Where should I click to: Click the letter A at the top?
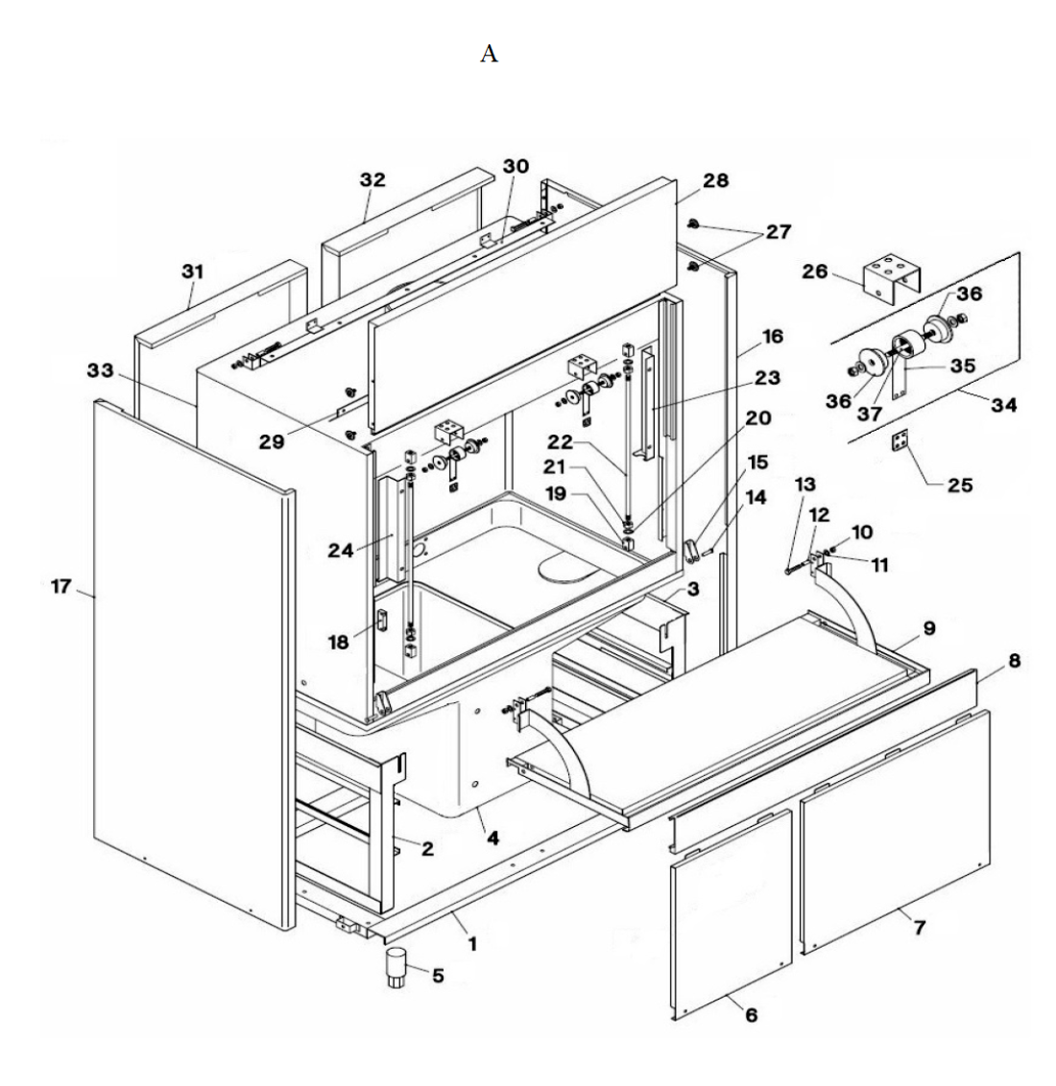tap(489, 54)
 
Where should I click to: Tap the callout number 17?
tap(61, 586)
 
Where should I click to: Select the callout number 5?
tap(438, 975)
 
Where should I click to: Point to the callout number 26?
tap(815, 271)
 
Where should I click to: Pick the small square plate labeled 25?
tap(900, 440)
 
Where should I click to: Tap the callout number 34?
tap(1004, 405)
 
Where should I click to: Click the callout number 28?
tap(716, 180)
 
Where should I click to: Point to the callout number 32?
tap(372, 179)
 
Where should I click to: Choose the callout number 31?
tap(193, 271)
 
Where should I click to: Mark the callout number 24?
tap(341, 551)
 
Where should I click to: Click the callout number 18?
tap(338, 642)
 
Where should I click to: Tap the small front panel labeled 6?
tap(731, 913)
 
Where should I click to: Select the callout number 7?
tap(920, 927)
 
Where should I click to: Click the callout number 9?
tap(929, 628)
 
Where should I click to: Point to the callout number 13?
tap(804, 484)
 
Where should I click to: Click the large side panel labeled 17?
tap(194, 665)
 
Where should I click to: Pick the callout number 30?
tap(516, 166)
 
